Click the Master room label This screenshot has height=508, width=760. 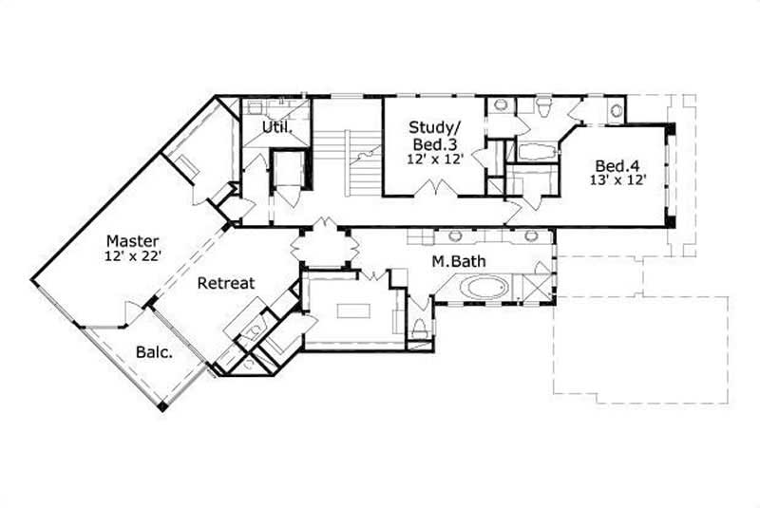tap(132, 240)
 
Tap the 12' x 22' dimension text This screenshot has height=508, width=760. tap(132, 256)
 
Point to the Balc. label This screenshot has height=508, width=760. tap(154, 352)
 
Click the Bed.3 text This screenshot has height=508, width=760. tap(435, 143)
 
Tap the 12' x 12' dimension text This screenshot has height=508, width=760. tap(435, 160)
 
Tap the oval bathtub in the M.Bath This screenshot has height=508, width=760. tap(484, 287)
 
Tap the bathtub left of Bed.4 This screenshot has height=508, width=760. tap(538, 150)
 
